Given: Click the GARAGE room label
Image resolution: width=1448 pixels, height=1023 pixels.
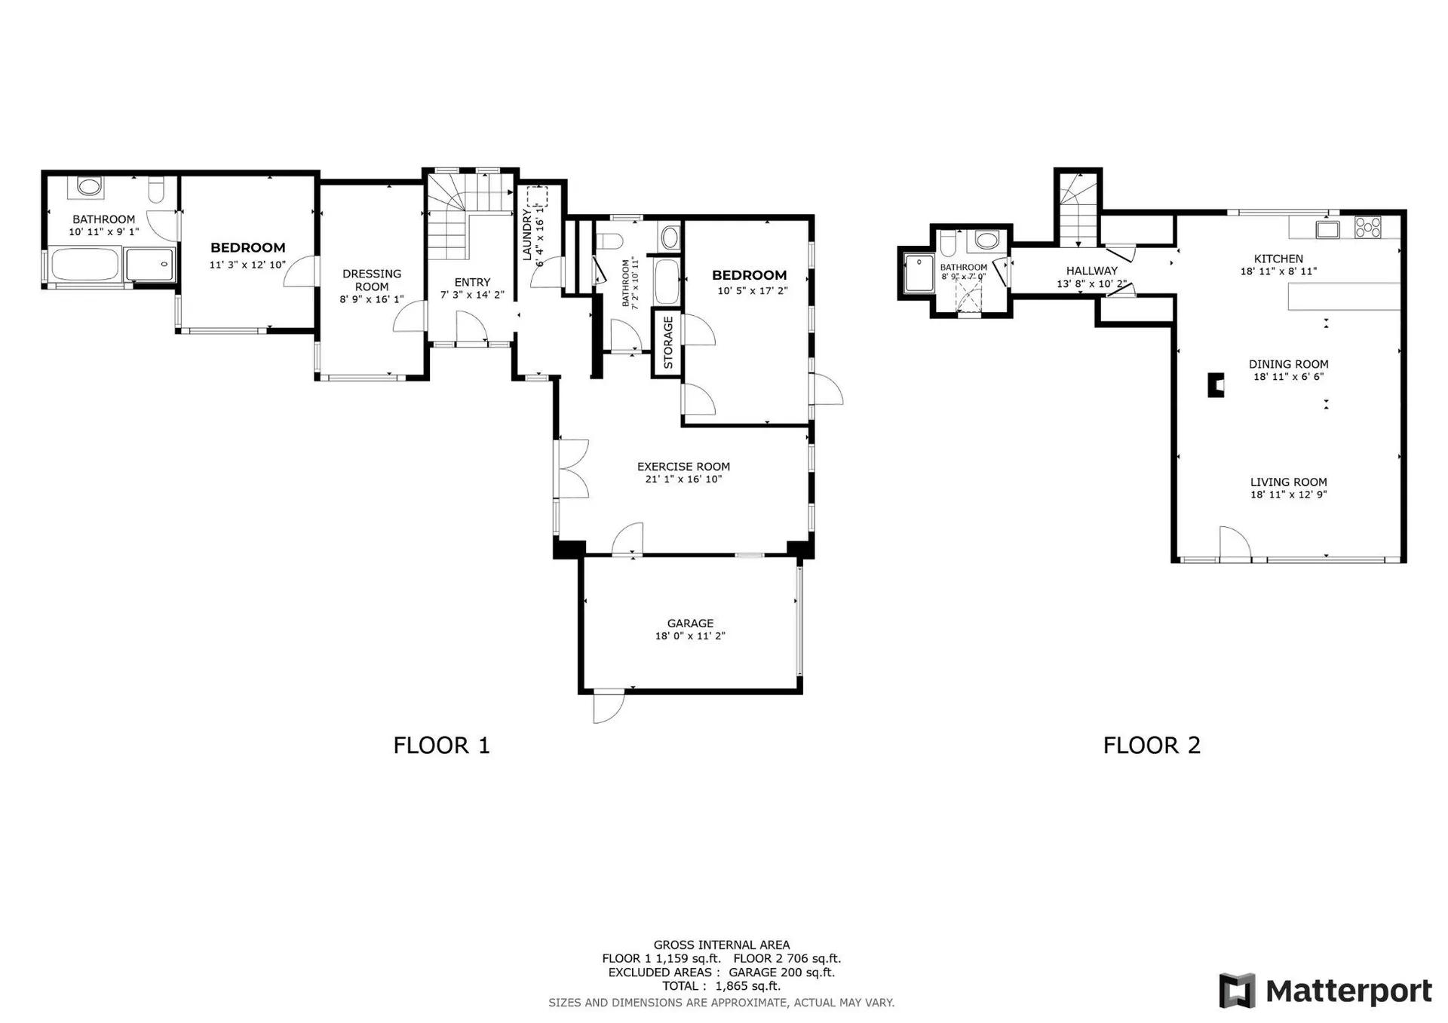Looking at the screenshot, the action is tap(690, 623).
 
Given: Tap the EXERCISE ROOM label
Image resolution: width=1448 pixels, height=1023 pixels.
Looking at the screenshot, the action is tap(683, 467).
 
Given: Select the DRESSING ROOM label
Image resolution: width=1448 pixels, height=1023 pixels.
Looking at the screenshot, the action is tap(372, 280).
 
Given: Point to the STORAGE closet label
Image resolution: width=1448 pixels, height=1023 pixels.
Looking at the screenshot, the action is tap(668, 342).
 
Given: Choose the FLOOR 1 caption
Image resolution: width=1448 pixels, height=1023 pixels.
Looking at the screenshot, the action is tap(442, 746).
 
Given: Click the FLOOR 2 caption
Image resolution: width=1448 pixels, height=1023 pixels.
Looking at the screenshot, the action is tap(1152, 746).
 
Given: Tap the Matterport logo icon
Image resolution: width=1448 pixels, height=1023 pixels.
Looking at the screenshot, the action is tap(1237, 991).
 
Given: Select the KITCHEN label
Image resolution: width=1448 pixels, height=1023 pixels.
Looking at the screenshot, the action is tap(1278, 259).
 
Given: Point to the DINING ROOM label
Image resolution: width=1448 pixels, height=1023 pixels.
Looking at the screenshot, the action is tap(1288, 364).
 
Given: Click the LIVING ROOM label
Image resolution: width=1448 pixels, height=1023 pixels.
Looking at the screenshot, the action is tap(1288, 482).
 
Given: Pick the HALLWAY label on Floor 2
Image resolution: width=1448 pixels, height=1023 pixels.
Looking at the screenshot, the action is tap(1092, 271).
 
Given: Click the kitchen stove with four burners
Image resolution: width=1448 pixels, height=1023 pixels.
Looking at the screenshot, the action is tap(1368, 227).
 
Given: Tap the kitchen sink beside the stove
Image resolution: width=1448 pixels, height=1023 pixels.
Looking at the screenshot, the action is tap(1327, 228).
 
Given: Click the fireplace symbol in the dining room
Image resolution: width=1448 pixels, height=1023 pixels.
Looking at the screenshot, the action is tap(1216, 385).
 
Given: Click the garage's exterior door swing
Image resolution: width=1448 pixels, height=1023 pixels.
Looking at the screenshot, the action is tap(609, 707).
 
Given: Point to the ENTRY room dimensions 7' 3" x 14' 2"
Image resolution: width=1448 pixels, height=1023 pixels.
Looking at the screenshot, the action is tap(473, 295).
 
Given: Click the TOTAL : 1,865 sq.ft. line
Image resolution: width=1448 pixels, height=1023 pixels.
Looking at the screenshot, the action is tap(721, 986).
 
